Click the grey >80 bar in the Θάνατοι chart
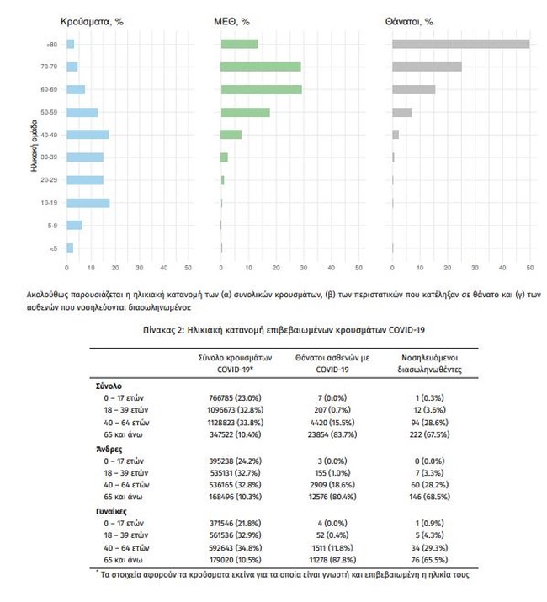tap(460, 44)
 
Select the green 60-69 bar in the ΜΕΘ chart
tap(261, 89)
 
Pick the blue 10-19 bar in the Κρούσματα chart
tap(88, 203)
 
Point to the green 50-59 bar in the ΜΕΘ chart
tap(245, 112)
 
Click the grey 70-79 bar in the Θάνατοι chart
tap(427, 67)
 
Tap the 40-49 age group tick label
tap(48, 135)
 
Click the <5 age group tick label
tap(53, 248)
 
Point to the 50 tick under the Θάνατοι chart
tap(529, 269)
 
